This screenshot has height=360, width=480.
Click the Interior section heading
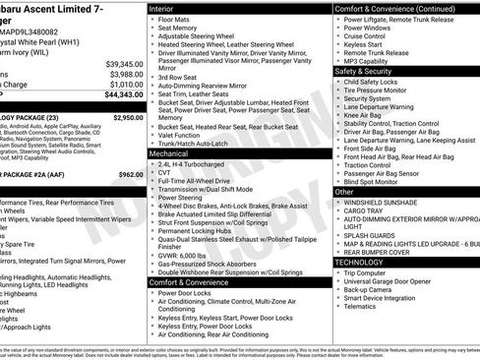coord(165,7)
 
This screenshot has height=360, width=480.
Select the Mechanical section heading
coord(171,153)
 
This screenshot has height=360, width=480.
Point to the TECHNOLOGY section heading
coord(360,263)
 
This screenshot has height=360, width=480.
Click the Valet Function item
coord(183,135)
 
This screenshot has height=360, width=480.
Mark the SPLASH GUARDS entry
coord(372,234)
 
